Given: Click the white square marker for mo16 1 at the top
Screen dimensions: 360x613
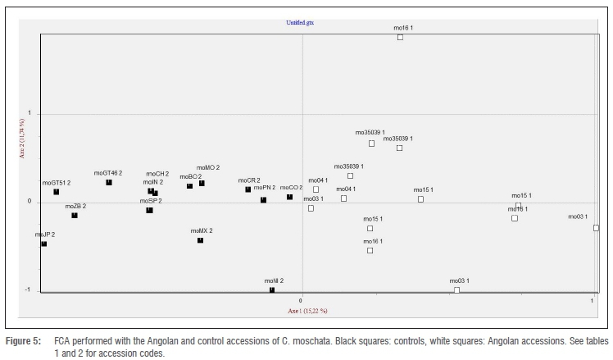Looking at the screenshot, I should [400, 37].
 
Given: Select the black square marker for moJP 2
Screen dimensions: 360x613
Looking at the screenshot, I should [44, 244].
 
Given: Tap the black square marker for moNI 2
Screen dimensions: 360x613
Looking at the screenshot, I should [272, 289].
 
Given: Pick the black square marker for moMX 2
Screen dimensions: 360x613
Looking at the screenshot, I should [200, 240].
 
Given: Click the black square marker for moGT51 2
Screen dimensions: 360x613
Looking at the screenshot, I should [57, 192].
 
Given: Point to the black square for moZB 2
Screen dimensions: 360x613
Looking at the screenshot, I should [75, 216].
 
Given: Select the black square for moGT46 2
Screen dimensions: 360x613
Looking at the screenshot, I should [109, 182].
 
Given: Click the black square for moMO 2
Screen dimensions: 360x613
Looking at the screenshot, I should [202, 183].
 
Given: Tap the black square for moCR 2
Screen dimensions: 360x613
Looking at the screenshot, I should [247, 189].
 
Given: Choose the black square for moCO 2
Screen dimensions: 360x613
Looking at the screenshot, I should [289, 197].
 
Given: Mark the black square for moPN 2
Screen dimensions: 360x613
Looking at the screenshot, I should [263, 199].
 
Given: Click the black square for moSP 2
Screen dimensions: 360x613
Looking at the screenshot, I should [149, 210].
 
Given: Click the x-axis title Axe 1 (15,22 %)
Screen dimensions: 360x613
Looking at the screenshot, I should [307, 311].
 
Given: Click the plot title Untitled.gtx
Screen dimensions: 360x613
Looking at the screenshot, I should [299, 23].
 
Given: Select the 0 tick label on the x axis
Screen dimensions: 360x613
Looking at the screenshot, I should [302, 302].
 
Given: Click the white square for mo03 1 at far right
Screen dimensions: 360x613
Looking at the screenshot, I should [596, 227].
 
